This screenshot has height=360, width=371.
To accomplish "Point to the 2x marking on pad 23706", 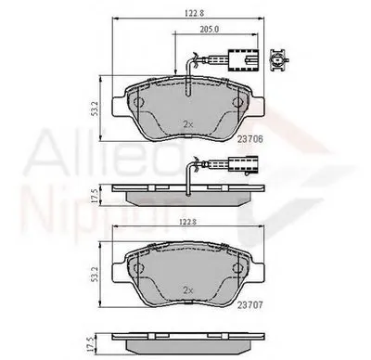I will point(189,123).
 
